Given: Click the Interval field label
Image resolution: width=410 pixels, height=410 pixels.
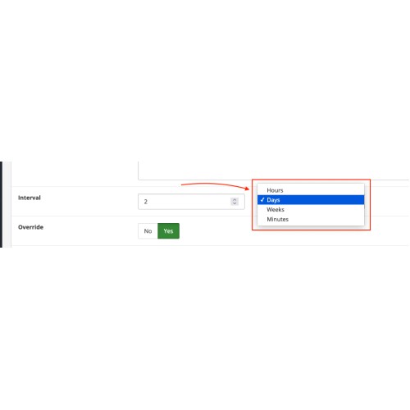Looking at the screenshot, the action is coord(30,198).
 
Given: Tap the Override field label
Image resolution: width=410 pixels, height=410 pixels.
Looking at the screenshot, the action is coord(30,227).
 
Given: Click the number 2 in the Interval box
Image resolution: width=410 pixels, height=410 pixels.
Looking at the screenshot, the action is coord(146,202).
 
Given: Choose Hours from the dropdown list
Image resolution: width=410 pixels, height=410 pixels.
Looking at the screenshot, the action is coord(275,190).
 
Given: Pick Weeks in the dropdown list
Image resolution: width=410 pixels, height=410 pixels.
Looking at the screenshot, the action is coord(276,210).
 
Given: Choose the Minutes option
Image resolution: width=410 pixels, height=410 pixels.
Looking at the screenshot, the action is coord(278,219).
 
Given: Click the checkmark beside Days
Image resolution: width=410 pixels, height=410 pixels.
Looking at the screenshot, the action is coord(262,200).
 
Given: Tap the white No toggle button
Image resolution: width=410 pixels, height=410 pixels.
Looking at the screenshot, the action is coord(148,231).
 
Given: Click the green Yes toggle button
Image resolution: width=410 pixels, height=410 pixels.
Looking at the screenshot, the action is coord(168,231).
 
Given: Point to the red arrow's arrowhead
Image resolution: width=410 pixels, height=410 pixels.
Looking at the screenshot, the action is coord(248,189).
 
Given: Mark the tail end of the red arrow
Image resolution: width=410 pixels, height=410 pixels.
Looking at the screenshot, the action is coord(181,185).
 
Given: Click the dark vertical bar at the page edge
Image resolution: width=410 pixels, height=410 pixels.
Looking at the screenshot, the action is coord(1,204).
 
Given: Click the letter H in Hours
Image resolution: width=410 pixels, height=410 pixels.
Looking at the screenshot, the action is coord(269,190).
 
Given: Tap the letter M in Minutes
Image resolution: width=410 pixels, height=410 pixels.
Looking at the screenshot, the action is coord(269,219).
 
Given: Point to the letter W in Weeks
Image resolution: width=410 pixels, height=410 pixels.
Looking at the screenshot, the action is coord(270,210).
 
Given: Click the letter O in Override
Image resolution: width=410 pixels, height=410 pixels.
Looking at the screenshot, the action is coord(20,227).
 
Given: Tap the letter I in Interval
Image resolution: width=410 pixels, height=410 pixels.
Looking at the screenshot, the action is coord(19,198).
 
